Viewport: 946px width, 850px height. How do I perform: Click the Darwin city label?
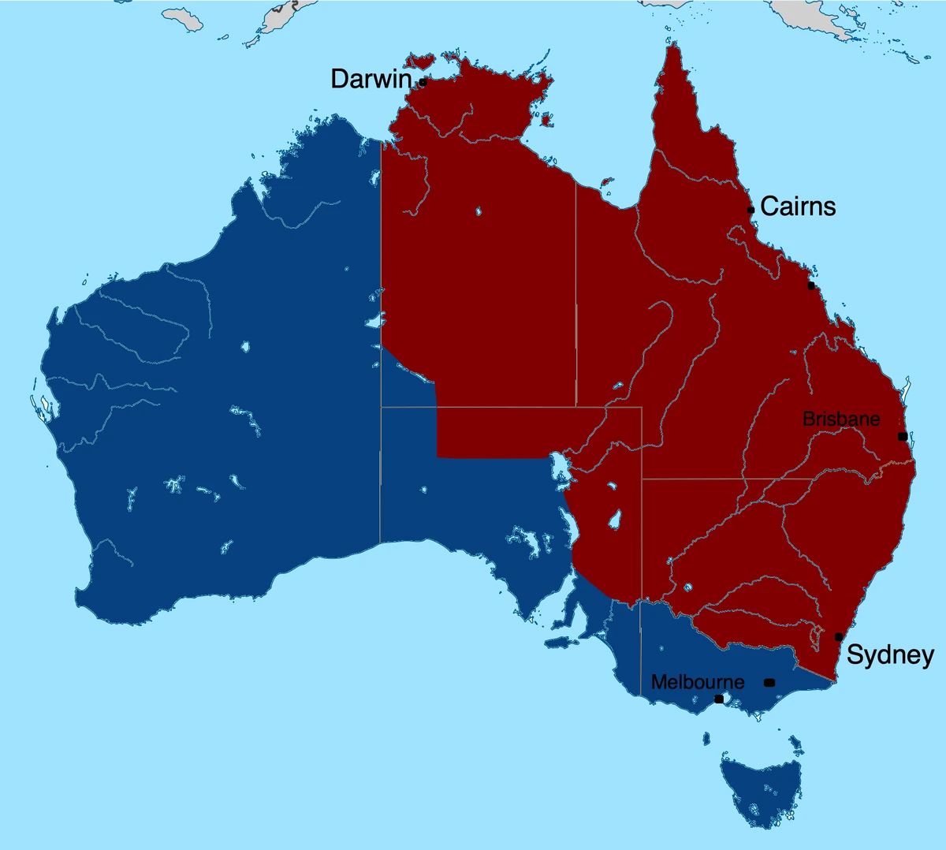[x=371, y=79]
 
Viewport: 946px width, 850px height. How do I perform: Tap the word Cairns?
[x=798, y=207]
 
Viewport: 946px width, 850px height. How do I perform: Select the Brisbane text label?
[x=841, y=419]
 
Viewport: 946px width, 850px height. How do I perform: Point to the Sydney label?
[x=890, y=655]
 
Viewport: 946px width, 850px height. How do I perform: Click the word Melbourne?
[x=698, y=682]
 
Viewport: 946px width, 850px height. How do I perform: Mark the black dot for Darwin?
[x=423, y=81]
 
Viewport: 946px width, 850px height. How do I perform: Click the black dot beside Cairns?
[x=751, y=210]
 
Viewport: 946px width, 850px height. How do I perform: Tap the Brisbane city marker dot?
[x=903, y=436]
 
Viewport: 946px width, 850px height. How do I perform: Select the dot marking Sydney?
[x=839, y=637]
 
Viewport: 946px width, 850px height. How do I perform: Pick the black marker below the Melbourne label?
[x=719, y=699]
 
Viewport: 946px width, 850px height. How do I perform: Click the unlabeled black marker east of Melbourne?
[x=769, y=682]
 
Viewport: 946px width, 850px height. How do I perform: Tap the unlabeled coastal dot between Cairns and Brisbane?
[x=811, y=285]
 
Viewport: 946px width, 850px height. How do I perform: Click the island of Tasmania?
[x=758, y=789]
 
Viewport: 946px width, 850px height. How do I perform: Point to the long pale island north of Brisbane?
[x=907, y=390]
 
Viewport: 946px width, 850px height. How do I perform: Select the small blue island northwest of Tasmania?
[x=708, y=738]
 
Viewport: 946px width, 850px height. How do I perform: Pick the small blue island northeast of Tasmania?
[x=795, y=743]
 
